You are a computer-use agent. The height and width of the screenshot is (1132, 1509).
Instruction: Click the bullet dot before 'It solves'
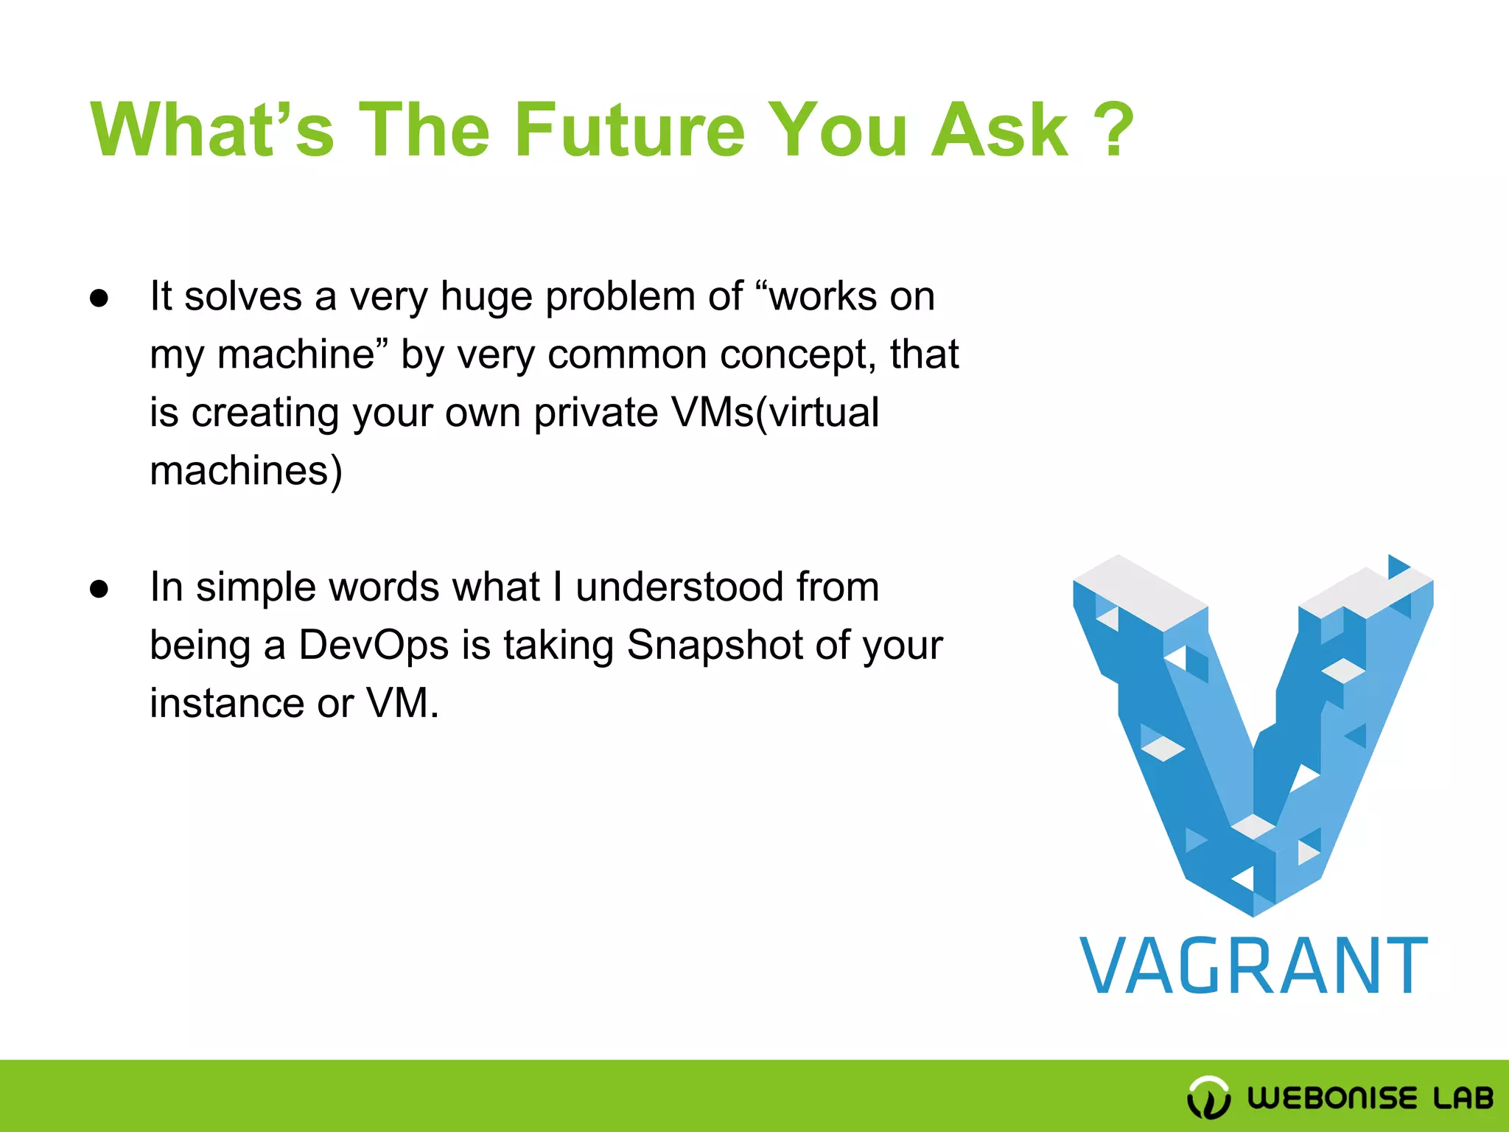99,299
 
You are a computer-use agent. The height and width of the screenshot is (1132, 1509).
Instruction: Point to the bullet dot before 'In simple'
99,590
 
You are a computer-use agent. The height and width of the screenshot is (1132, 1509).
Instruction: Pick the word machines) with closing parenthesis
246,471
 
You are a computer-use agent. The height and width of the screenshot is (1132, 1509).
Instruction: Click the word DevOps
374,646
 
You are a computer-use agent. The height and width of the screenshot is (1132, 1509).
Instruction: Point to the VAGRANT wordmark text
1253,966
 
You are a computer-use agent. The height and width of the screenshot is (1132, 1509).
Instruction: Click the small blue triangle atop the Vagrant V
1397,567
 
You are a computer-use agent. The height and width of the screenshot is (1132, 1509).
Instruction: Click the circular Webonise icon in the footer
1208,1097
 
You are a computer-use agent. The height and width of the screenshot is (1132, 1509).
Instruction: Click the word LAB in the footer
1463,1098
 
